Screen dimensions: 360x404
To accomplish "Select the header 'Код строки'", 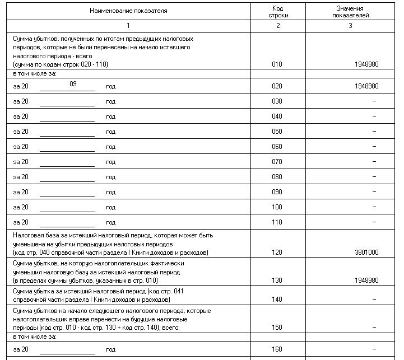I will coord(277,12).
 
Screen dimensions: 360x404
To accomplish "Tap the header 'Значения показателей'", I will coord(350,12).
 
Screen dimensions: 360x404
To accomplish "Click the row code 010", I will coord(277,64).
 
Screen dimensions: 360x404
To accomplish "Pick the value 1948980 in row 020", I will coord(366,86).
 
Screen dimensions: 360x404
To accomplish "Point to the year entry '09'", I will coord(73,84).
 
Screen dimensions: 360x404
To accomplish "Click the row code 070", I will coord(277,162).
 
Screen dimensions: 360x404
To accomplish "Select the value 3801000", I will coord(366,253).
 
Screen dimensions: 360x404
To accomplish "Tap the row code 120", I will coord(277,253).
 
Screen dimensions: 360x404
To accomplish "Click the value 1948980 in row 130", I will coord(366,280).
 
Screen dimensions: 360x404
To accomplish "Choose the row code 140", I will coord(277,300).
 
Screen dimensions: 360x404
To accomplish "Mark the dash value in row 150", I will coord(374,328).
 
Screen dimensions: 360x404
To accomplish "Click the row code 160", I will coord(277,349).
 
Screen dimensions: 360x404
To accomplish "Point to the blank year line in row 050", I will coord(67,133).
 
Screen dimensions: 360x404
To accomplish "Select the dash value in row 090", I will coord(374,192).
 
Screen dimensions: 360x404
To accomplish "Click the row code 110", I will coord(277,222).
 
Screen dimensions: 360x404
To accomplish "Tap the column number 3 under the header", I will coord(350,26).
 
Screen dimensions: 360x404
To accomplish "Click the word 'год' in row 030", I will coord(111,101).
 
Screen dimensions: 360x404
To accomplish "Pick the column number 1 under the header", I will coord(128,26).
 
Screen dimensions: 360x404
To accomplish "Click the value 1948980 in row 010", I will coord(366,64).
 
